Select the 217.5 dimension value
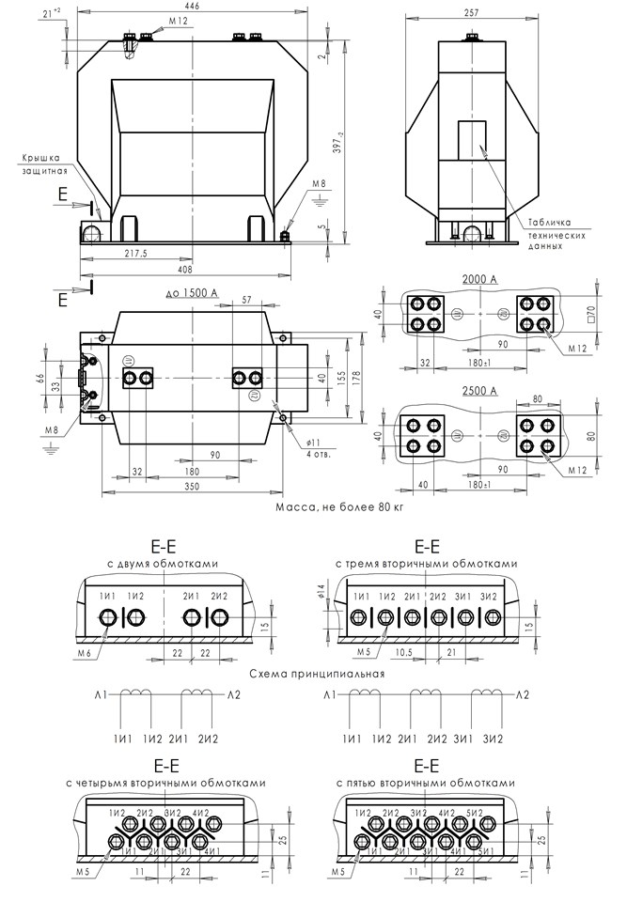137,255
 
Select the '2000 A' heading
480,280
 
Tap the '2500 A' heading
480,390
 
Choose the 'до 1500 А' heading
191,294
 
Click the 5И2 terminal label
475,811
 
